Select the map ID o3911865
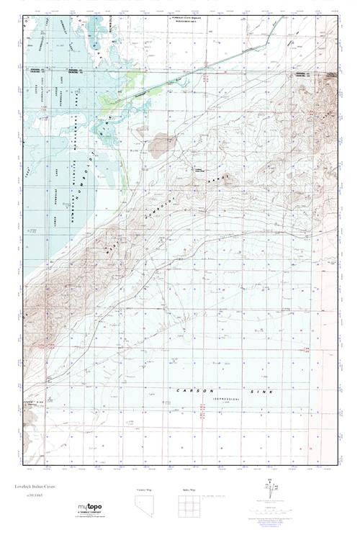[27, 497]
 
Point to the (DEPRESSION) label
[228, 397]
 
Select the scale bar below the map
[223, 496]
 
